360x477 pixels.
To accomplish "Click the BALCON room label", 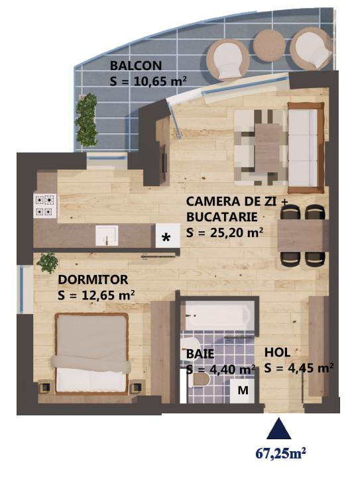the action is click(x=136, y=66).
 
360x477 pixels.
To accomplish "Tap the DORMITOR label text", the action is click(x=93, y=280).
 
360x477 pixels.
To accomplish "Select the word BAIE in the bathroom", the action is click(x=200, y=354).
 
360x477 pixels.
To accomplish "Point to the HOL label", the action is click(x=277, y=352).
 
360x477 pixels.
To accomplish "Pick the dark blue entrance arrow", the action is click(x=278, y=429).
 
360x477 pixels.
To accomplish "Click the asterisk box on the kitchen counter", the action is click(x=168, y=235).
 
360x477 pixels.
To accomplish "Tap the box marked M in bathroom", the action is click(x=243, y=390).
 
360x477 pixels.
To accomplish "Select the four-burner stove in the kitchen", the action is click(x=46, y=205).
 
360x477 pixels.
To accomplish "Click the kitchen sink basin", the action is click(x=107, y=235).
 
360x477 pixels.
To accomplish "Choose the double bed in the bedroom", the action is click(x=91, y=354).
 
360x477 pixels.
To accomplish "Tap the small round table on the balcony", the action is click(x=269, y=46).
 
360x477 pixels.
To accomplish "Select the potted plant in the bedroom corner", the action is click(x=47, y=262).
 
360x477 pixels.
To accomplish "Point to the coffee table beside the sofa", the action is click(x=267, y=148).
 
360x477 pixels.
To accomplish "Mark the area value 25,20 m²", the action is click(x=225, y=233).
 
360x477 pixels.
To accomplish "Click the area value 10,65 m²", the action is click(x=148, y=81).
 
